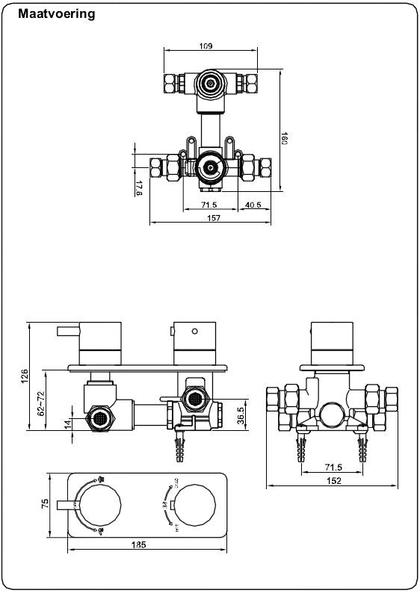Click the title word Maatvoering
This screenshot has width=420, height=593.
[56, 14]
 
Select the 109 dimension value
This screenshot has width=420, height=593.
[206, 46]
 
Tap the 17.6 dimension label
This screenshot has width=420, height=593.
[139, 187]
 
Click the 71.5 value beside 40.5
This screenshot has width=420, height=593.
[209, 206]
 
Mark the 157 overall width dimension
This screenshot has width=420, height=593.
[214, 218]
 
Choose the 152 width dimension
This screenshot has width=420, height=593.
[333, 481]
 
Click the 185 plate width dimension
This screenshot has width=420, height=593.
[138, 544]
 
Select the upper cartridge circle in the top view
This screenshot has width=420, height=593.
[211, 82]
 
